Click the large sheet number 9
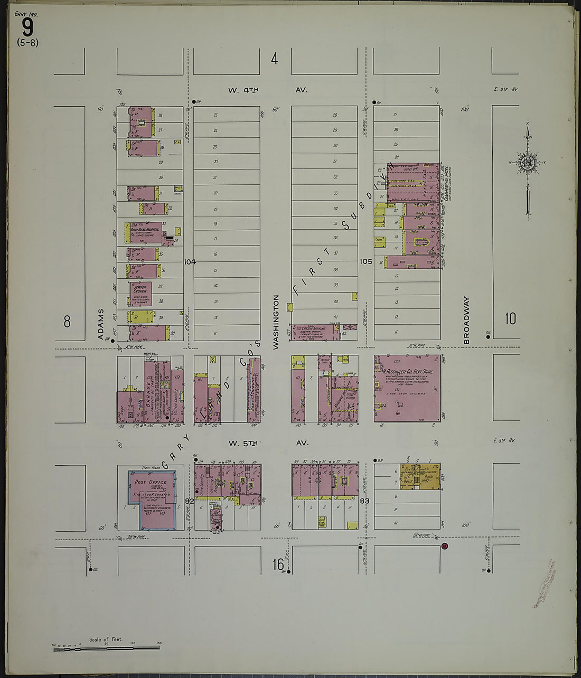pyautogui.click(x=27, y=26)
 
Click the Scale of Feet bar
pyautogui.click(x=106, y=647)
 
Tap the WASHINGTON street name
pyautogui.click(x=276, y=322)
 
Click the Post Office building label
pyautogui.click(x=151, y=482)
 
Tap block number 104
pyautogui.click(x=190, y=261)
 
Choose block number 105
pyautogui.click(x=366, y=261)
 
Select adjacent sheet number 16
pyautogui.click(x=278, y=564)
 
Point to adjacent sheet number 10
pyautogui.click(x=510, y=319)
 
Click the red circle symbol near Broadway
pyautogui.click(x=445, y=546)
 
